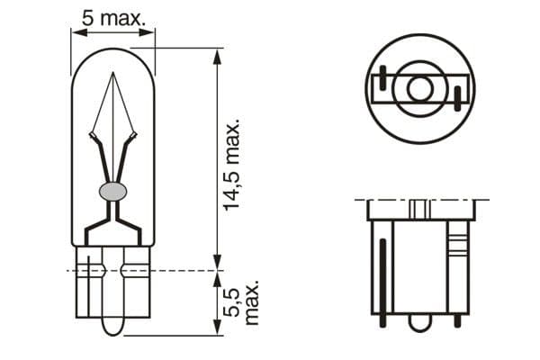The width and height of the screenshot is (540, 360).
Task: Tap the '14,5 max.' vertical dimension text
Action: (x=232, y=163)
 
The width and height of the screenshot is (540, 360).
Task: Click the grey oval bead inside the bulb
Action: (x=113, y=191)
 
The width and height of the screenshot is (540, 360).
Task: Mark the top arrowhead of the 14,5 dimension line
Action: (x=216, y=55)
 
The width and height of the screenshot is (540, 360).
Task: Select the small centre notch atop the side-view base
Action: (x=418, y=209)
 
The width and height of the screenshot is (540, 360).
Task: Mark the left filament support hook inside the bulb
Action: (x=93, y=137)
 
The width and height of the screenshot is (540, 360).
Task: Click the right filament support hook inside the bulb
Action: (x=133, y=137)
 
